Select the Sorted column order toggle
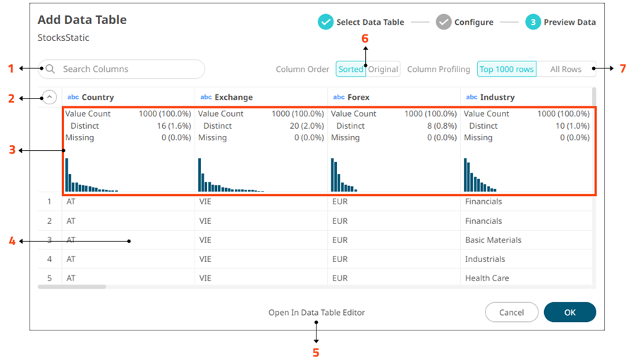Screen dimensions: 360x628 (350, 69)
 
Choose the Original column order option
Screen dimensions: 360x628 (383, 69)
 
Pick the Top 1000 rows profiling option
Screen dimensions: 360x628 (506, 69)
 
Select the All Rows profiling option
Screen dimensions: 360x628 (565, 69)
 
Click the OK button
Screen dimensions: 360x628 (569, 312)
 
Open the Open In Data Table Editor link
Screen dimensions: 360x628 (316, 312)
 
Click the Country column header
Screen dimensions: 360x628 (97, 97)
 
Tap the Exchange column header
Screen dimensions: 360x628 (233, 97)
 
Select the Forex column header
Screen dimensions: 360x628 (359, 97)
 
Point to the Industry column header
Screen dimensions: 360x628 (496, 97)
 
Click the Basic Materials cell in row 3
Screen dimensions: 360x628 (493, 240)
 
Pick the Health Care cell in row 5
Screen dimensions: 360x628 (486, 278)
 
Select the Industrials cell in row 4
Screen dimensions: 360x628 (485, 259)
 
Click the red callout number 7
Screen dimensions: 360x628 (622, 69)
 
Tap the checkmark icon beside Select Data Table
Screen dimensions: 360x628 (325, 22)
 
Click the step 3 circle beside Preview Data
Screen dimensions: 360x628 (533, 22)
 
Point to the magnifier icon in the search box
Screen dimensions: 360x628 (51, 69)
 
